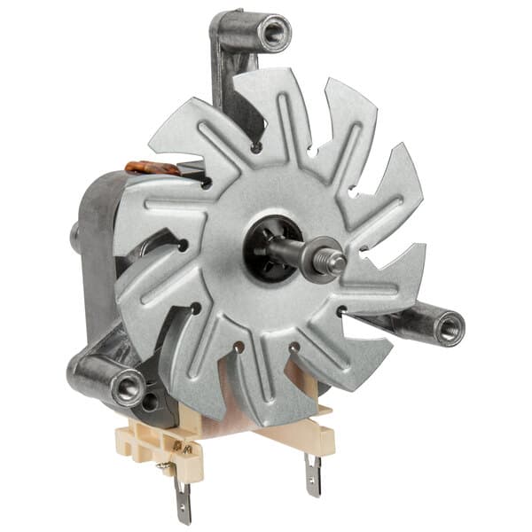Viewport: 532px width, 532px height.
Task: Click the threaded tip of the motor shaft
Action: click(338, 262)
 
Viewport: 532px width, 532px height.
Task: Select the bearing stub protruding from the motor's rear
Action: click(75, 236)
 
